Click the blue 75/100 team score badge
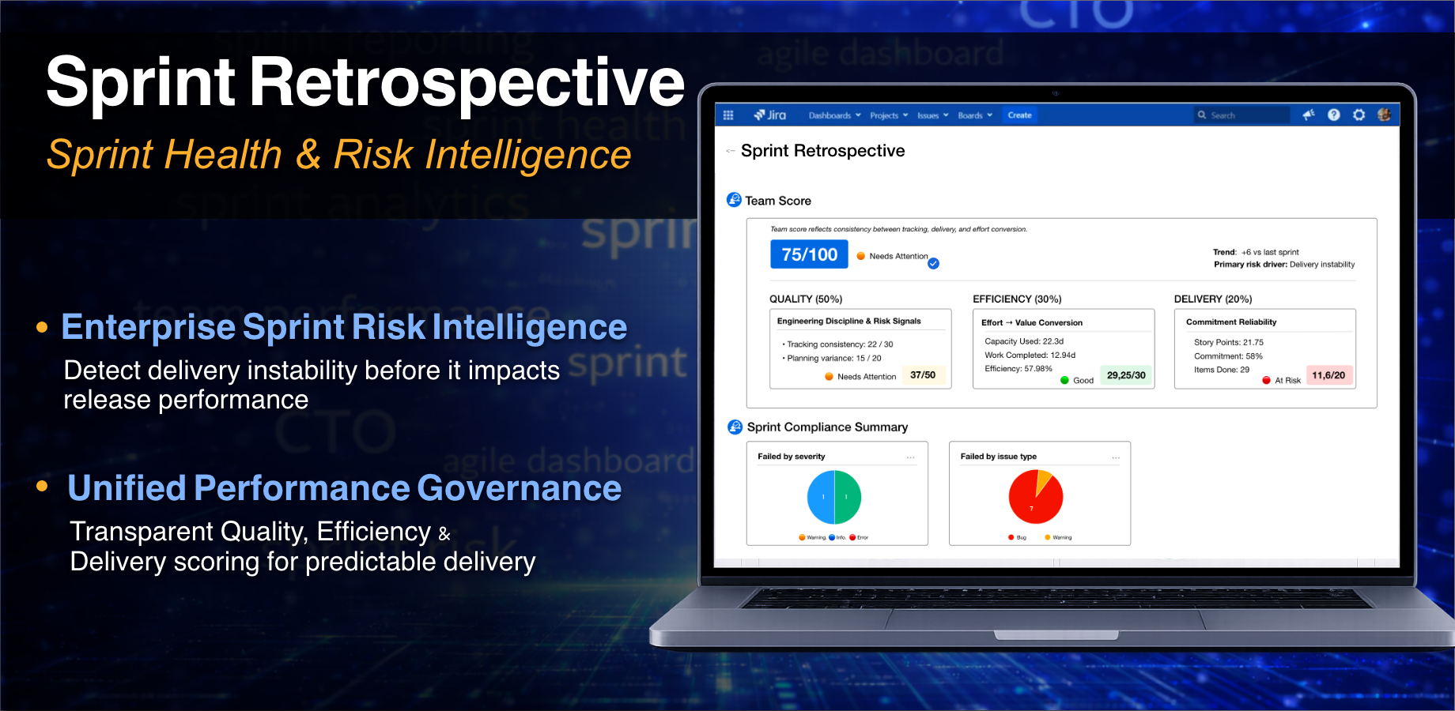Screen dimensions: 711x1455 click(x=809, y=254)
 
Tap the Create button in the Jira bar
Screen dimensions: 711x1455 click(x=1019, y=115)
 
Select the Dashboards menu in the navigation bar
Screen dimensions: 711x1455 click(x=833, y=115)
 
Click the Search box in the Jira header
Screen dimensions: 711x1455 click(x=1241, y=115)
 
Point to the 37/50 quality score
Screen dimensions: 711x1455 click(x=923, y=375)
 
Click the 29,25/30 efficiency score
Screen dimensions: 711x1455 click(x=1126, y=375)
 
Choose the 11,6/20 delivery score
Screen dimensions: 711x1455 click(x=1328, y=375)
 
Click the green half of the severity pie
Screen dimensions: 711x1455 click(x=847, y=497)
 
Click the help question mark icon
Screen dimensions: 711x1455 click(x=1334, y=115)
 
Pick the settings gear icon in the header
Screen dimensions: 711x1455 click(x=1359, y=115)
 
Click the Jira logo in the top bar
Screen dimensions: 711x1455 click(x=770, y=115)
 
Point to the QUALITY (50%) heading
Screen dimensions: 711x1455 click(x=806, y=299)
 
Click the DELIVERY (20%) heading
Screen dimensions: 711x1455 click(x=1212, y=299)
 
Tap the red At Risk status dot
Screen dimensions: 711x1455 click(x=1266, y=381)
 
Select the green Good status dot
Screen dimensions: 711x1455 click(x=1064, y=381)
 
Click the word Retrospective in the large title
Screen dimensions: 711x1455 click(x=467, y=82)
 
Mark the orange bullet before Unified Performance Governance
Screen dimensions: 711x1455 click(x=42, y=487)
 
